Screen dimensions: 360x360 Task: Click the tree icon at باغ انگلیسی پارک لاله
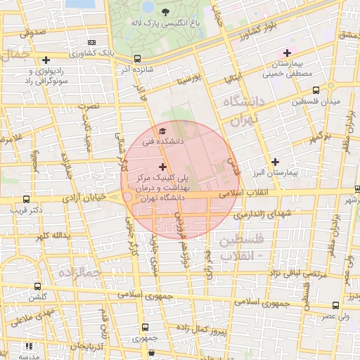click(x=165, y=12)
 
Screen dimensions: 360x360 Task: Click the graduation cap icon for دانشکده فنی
click(x=163, y=131)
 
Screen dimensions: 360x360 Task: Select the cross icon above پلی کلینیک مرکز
click(x=163, y=167)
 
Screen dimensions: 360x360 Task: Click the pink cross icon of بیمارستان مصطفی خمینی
click(x=287, y=53)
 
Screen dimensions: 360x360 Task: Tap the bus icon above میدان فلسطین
click(x=315, y=91)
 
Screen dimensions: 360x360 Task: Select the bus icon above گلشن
click(x=37, y=286)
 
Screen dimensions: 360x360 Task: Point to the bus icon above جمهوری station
click(x=145, y=327)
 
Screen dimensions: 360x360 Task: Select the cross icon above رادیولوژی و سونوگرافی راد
click(x=46, y=60)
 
